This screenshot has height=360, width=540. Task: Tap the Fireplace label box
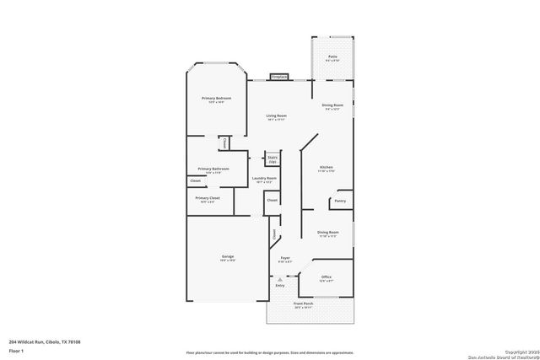(278, 77)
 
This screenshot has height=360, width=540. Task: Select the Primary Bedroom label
(216, 99)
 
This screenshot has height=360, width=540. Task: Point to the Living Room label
(276, 116)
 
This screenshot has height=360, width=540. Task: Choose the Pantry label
(340, 201)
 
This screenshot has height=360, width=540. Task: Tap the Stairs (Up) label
(272, 159)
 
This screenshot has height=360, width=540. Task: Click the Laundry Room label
(264, 180)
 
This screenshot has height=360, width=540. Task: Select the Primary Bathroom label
(213, 169)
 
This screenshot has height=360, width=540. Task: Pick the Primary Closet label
(208, 200)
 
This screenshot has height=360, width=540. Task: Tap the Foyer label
(285, 260)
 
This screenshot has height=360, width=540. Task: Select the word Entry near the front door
(280, 285)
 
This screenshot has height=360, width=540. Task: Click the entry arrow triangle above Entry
(280, 278)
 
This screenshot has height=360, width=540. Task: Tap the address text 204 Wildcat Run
(50, 341)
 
